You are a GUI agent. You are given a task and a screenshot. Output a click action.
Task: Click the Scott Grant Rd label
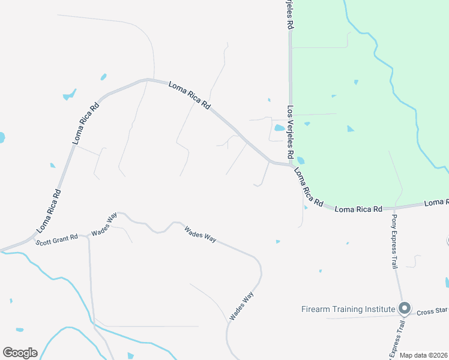(56, 239)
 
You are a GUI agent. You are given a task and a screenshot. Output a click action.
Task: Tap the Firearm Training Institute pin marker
(405, 308)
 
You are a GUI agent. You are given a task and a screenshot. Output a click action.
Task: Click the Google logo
(20, 353)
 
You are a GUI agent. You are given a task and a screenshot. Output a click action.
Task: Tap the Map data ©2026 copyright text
(423, 355)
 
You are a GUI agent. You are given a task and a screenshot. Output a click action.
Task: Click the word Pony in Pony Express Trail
(395, 220)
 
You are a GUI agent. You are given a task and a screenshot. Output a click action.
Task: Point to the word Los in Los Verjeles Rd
(290, 112)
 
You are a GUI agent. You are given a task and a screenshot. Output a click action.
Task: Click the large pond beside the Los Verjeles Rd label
(279, 128)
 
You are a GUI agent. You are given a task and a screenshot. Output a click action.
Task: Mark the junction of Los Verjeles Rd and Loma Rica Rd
(290, 164)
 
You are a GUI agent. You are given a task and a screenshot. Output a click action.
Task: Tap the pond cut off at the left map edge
(2, 137)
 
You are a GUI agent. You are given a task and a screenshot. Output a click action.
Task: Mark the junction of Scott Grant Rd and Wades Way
(88, 235)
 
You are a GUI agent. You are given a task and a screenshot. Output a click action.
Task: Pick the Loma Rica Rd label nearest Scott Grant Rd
(49, 211)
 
